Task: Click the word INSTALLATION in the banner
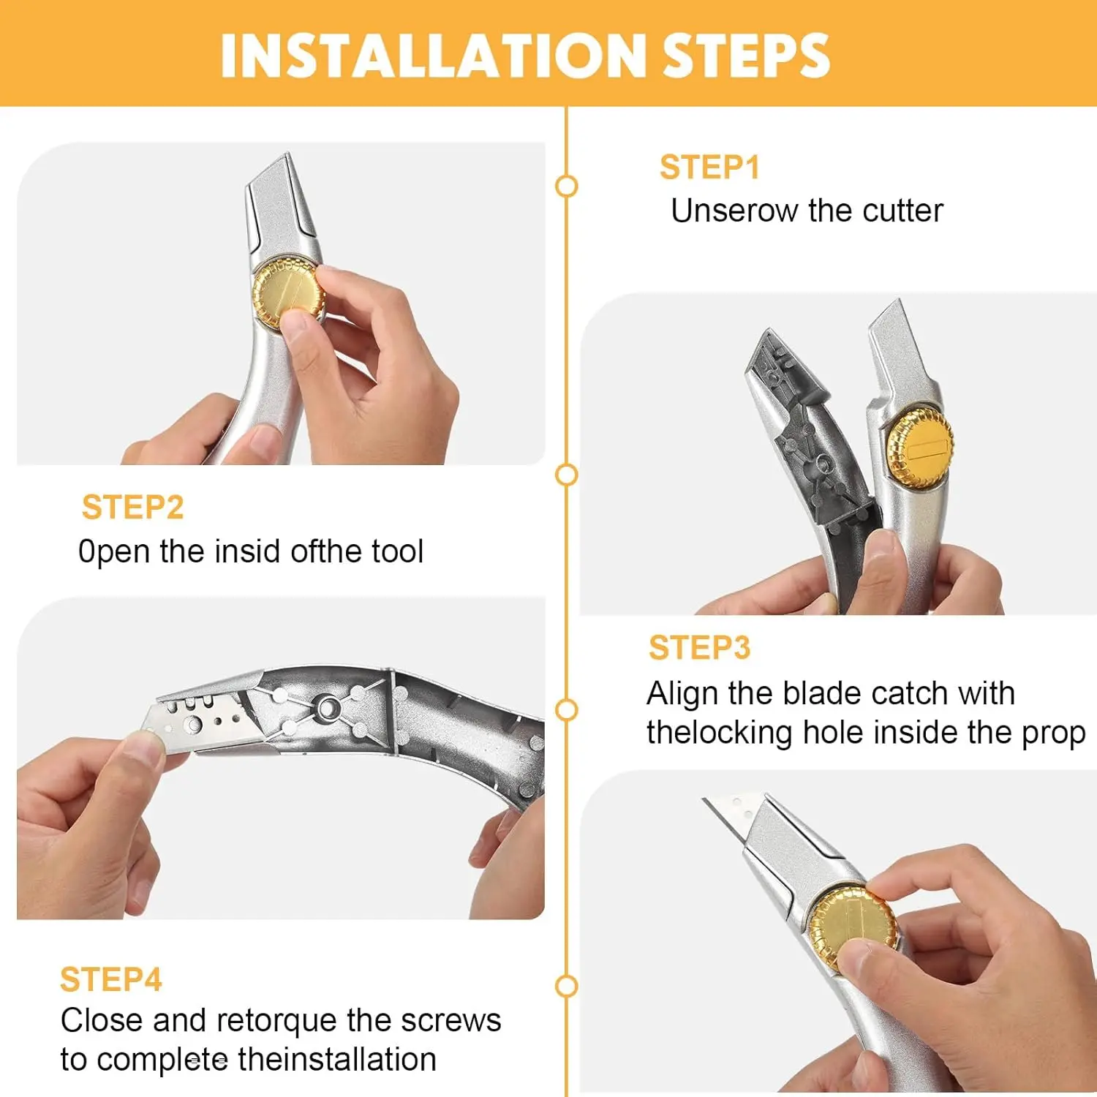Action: point(431,56)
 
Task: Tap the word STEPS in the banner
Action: point(746,56)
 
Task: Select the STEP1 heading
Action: point(709,167)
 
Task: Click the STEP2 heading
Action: point(132,507)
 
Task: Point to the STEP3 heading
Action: point(699,647)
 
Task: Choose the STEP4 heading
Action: point(110,979)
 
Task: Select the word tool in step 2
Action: point(397,551)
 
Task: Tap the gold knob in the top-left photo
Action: point(287,295)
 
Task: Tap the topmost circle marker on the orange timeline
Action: point(566,186)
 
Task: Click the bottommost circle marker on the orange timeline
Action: point(566,987)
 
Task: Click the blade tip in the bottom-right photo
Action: point(704,799)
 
